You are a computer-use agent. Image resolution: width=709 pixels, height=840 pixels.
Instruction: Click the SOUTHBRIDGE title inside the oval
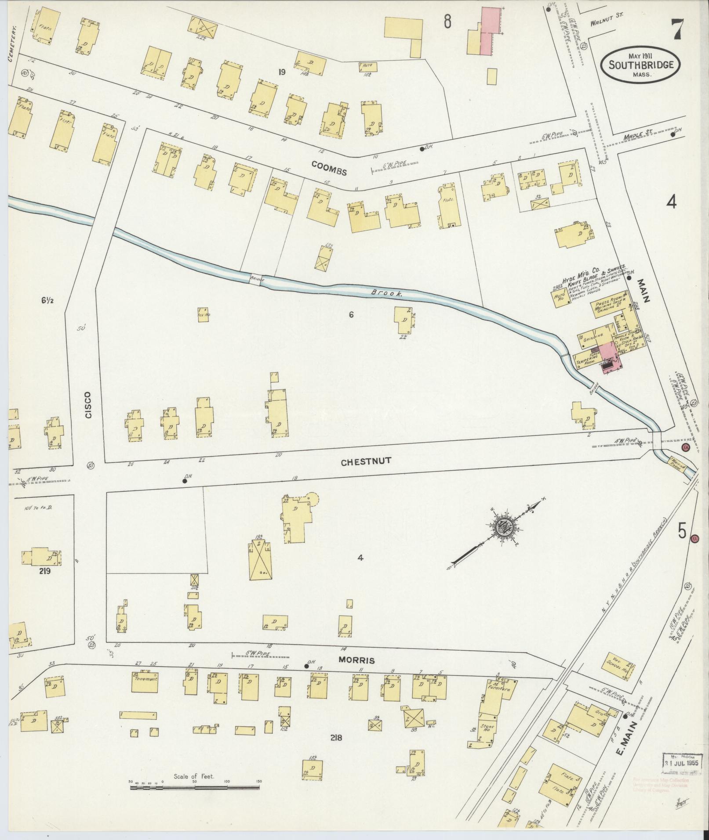(641, 65)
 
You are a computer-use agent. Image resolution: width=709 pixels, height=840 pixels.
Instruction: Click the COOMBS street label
(329, 168)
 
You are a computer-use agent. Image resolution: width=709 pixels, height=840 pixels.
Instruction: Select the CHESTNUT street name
(366, 461)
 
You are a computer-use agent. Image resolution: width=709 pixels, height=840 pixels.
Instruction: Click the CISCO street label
(88, 404)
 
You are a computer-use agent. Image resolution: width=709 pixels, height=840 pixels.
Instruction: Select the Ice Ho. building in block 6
(203, 315)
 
